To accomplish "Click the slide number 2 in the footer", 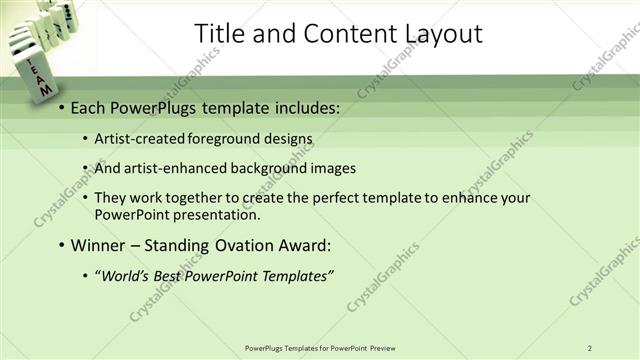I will (x=590, y=348).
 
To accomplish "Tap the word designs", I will (x=286, y=139).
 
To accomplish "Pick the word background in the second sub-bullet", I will (x=263, y=168).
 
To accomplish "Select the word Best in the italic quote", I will (x=176, y=275).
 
